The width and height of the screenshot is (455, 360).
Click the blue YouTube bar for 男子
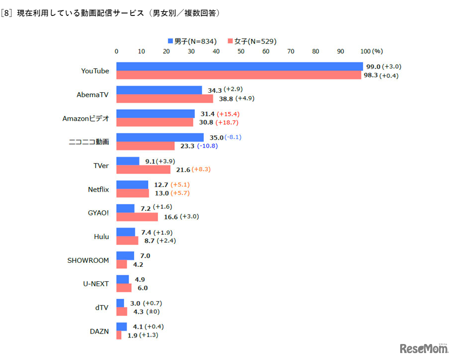[239, 67]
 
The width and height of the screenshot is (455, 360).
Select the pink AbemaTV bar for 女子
[164, 99]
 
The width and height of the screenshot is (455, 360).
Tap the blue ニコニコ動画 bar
[159, 137]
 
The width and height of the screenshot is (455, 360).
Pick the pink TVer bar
[143, 170]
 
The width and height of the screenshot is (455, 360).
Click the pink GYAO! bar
[137, 217]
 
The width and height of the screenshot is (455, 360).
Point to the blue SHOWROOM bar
[125, 256]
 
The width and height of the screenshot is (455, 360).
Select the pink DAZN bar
[119, 336]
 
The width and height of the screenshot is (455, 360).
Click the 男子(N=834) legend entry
[192, 41]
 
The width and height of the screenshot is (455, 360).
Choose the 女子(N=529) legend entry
[252, 41]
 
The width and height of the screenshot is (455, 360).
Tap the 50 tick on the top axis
[241, 51]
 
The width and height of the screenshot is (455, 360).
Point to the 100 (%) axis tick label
[372, 51]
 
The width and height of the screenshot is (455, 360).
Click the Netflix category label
[98, 189]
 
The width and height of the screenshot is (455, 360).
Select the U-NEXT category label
[96, 284]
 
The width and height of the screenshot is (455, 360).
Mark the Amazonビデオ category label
[86, 119]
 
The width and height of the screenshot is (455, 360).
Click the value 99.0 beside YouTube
[373, 66]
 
